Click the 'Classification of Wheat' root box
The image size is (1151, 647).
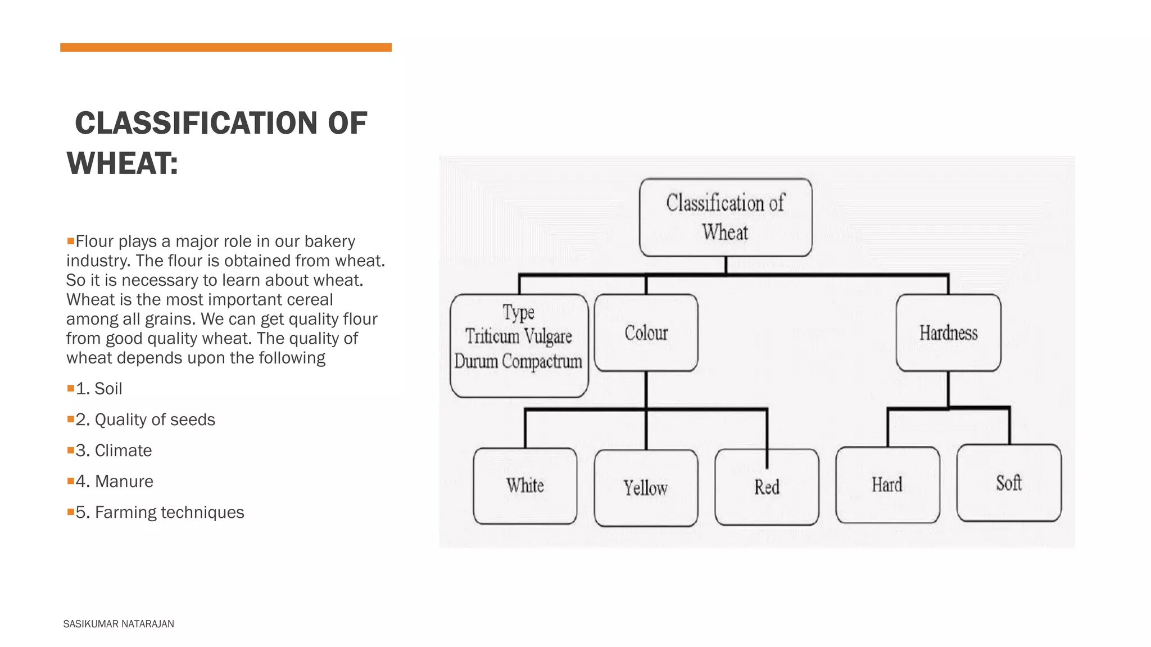[x=726, y=217]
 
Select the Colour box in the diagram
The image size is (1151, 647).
[x=646, y=332]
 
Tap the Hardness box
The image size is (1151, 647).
[x=948, y=332]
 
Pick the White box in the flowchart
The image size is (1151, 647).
[x=525, y=486]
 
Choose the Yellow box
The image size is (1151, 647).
[x=646, y=487]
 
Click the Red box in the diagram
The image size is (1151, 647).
[x=767, y=487]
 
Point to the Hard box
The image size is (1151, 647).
[x=887, y=485]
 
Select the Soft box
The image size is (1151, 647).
[x=1009, y=483]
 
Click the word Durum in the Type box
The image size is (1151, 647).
[x=476, y=361]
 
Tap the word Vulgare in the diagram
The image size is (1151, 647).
[x=549, y=336]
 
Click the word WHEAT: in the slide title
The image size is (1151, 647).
[x=122, y=163]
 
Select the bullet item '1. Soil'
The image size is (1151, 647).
[x=99, y=389]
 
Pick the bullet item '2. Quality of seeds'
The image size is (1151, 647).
[x=145, y=420]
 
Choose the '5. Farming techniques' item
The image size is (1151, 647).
[x=160, y=512]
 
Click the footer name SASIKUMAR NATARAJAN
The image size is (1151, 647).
[x=119, y=624]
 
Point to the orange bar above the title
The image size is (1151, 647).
[x=226, y=48]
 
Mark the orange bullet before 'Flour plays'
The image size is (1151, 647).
[x=71, y=241]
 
